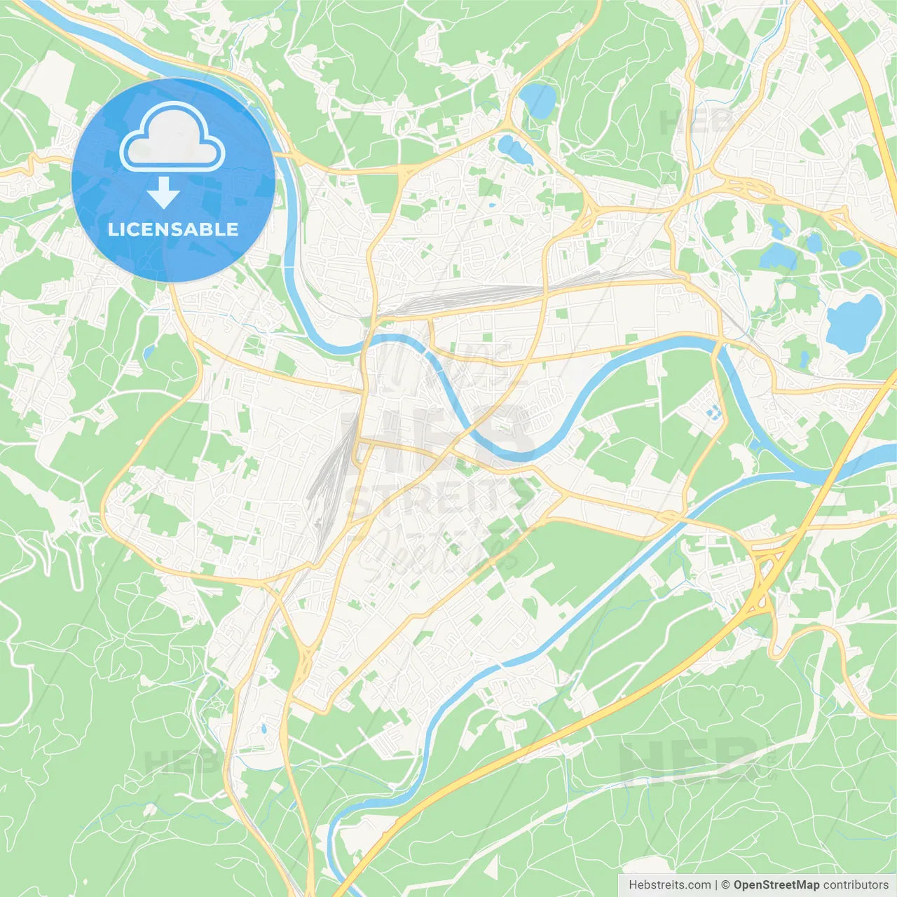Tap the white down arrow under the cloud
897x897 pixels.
click(x=163, y=193)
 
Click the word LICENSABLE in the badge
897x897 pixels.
click(x=172, y=229)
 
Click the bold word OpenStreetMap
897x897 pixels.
click(x=776, y=885)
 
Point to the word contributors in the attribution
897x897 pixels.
click(x=856, y=885)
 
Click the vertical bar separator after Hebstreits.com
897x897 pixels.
click(x=716, y=885)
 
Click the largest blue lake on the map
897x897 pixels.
click(x=854, y=323)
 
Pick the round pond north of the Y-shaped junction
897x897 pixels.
click(x=537, y=100)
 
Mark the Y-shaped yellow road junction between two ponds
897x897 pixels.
click(x=511, y=126)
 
